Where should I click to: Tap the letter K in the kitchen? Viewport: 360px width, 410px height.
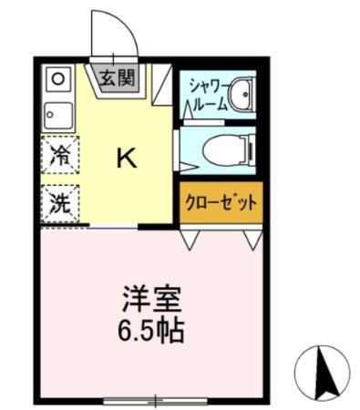[x=126, y=159]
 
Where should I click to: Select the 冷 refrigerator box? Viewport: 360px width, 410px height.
[x=59, y=155]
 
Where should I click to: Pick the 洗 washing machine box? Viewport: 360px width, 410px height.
[x=59, y=203]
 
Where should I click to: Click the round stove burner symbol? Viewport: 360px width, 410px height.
[x=57, y=78]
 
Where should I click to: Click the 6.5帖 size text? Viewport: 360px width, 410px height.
[x=153, y=329]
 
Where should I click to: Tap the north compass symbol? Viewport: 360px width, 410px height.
[x=322, y=371]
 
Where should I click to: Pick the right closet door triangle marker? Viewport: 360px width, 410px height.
[x=252, y=241]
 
